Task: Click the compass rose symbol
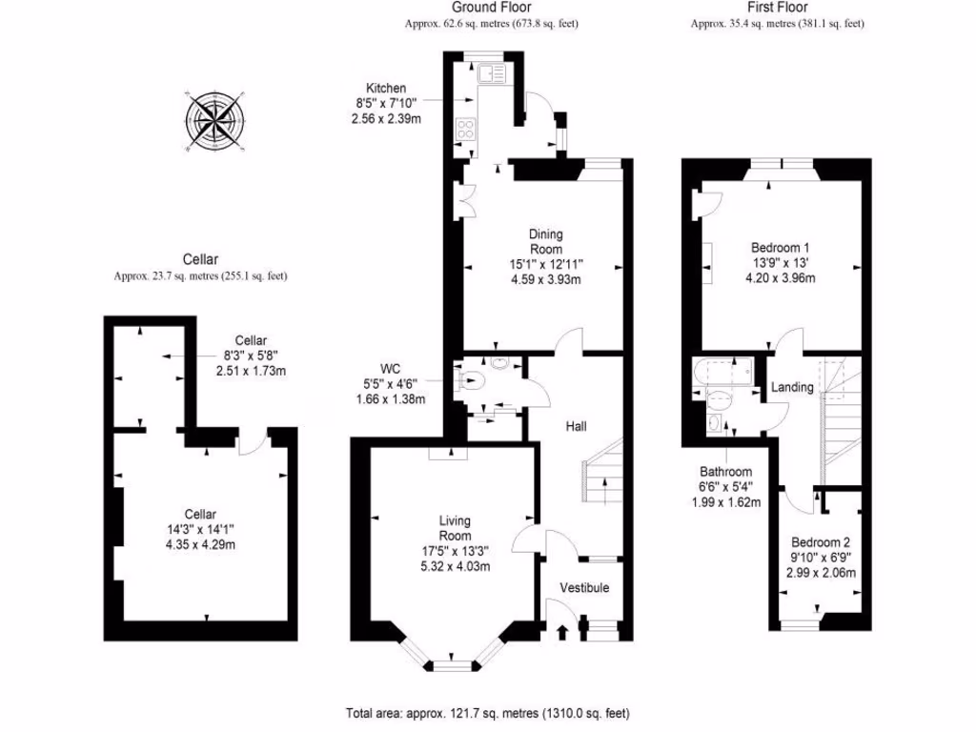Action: pyautogui.click(x=215, y=123)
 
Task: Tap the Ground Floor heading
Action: pyautogui.click(x=490, y=7)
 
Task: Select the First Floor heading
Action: pyautogui.click(x=776, y=7)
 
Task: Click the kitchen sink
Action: pyautogui.click(x=494, y=74)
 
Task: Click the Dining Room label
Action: pyautogui.click(x=546, y=241)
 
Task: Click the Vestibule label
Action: pyautogui.click(x=583, y=587)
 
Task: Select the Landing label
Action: pyautogui.click(x=792, y=387)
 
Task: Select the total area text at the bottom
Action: pyautogui.click(x=487, y=713)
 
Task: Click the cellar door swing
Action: pyautogui.click(x=250, y=443)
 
